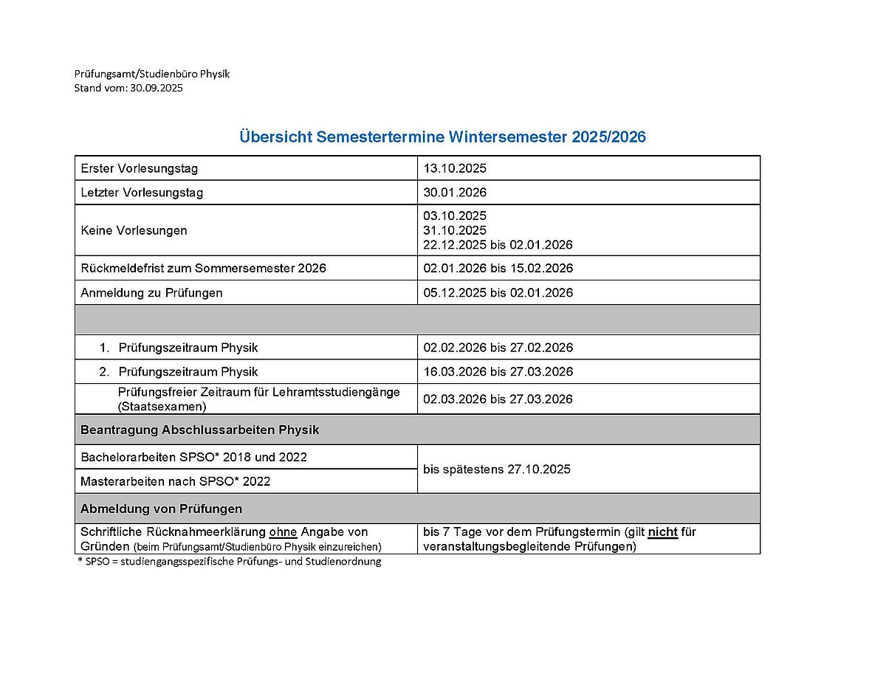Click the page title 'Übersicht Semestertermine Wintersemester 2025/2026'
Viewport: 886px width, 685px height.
pyautogui.click(x=442, y=137)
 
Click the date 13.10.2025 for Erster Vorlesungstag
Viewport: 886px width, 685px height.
pyautogui.click(x=455, y=168)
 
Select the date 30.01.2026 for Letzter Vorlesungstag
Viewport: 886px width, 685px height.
pyautogui.click(x=455, y=193)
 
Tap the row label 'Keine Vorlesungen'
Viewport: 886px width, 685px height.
pyautogui.click(x=134, y=230)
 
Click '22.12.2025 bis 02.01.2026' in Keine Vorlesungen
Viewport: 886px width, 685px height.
pyautogui.click(x=498, y=244)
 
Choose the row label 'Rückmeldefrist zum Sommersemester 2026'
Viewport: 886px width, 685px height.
pyautogui.click(x=203, y=268)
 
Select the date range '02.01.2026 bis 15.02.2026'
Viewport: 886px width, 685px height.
pyautogui.click(x=498, y=268)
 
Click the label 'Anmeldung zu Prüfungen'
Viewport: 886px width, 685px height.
pyautogui.click(x=151, y=292)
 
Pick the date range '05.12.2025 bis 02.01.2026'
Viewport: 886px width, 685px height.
pyautogui.click(x=498, y=292)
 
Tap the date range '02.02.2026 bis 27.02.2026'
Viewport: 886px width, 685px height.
pyautogui.click(x=498, y=348)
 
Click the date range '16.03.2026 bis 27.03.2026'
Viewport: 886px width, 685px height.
pyautogui.click(x=498, y=371)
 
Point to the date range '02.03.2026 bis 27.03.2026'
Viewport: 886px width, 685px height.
pyautogui.click(x=498, y=399)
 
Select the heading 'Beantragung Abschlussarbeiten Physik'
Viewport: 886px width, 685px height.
pyautogui.click(x=199, y=430)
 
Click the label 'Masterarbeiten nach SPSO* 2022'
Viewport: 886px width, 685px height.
pyautogui.click(x=175, y=481)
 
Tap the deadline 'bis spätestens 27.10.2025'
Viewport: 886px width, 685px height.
pyautogui.click(x=496, y=469)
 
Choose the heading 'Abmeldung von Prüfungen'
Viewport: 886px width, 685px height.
pyautogui.click(x=161, y=509)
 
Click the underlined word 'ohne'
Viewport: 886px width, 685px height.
pyautogui.click(x=283, y=532)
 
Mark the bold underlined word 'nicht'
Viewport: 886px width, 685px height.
pyautogui.click(x=663, y=532)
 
